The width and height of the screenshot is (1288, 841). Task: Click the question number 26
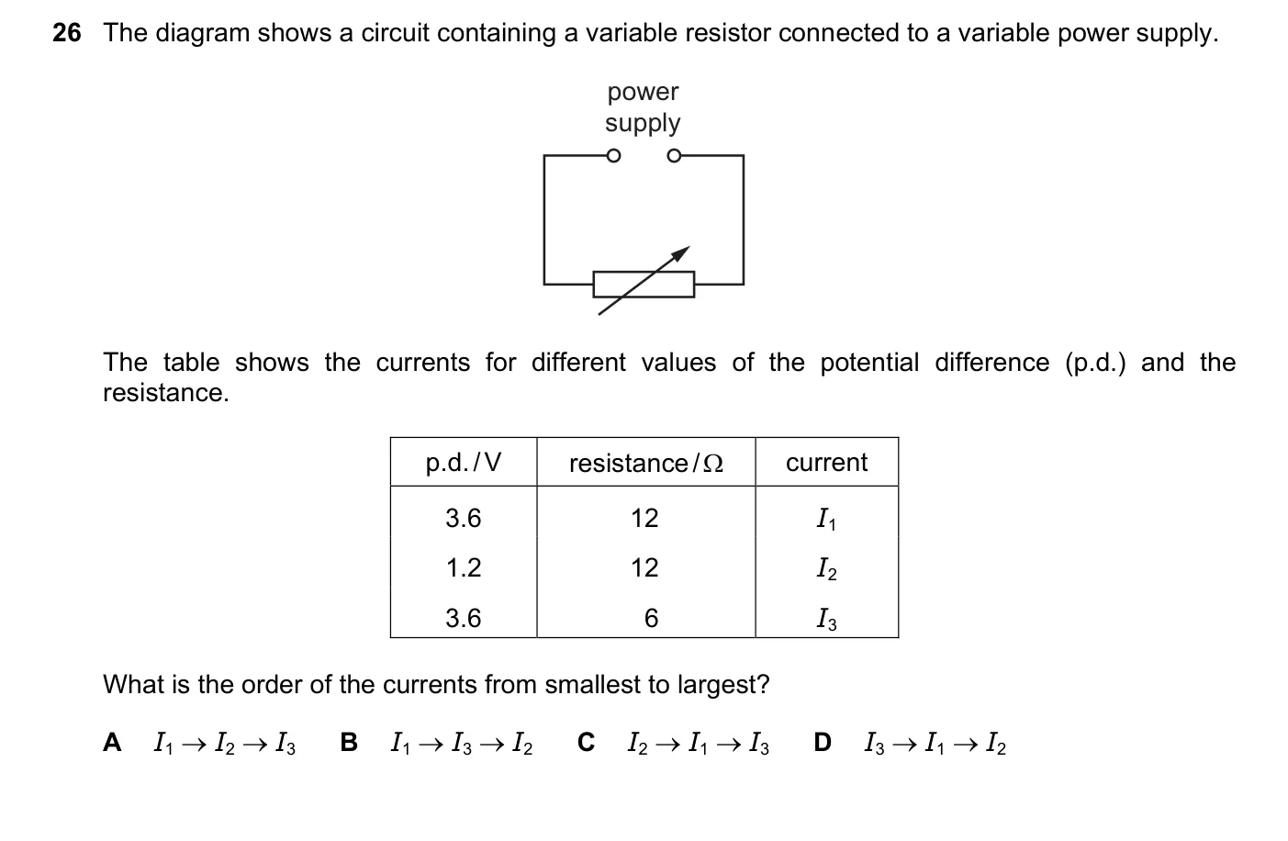pos(67,33)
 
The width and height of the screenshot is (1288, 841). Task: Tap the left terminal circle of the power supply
pos(613,156)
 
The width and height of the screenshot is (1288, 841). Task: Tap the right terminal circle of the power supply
pos(674,156)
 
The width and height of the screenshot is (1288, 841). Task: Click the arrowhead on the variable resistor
pos(681,253)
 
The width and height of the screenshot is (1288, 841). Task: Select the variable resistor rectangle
pos(644,285)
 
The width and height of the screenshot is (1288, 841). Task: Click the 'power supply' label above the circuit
pos(643,107)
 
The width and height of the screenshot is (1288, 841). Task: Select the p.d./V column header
pos(464,463)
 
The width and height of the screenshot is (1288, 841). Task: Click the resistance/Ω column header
pos(645,463)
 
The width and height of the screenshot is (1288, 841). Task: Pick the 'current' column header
pos(826,463)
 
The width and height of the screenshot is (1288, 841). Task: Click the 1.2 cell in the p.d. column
pos(464,567)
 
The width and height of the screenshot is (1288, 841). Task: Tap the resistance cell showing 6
pos(651,619)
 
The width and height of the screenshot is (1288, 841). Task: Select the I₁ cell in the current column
pos(826,519)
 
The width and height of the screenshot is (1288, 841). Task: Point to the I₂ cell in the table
pos(827,569)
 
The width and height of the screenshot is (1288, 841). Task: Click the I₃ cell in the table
pos(827,619)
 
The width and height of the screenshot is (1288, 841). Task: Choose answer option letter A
pos(112,742)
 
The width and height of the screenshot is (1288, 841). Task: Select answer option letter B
pos(349,742)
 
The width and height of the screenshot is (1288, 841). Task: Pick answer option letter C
pos(586,742)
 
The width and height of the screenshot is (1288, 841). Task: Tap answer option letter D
pos(823,742)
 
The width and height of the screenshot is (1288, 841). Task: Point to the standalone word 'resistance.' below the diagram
pos(165,393)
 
